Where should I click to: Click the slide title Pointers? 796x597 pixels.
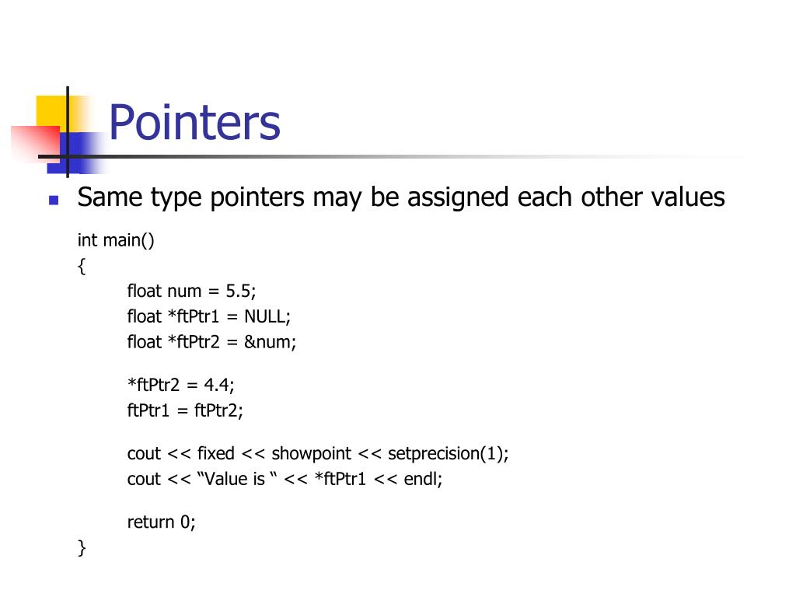tap(194, 122)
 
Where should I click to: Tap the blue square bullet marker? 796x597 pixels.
tap(54, 200)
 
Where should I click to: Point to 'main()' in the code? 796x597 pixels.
tap(129, 240)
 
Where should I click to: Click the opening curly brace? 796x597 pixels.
tap(82, 266)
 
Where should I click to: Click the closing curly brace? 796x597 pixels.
tap(82, 547)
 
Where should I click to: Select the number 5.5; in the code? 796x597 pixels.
tap(241, 291)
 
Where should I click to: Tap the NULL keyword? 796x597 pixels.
tap(267, 316)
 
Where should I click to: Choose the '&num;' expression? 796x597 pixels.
tap(271, 341)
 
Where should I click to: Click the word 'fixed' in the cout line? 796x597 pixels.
tap(215, 453)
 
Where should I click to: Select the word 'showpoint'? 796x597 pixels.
tap(311, 453)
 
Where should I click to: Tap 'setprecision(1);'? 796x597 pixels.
tap(449, 453)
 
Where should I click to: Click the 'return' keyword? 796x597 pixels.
tap(151, 522)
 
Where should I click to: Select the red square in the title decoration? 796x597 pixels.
tap(35, 145)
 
